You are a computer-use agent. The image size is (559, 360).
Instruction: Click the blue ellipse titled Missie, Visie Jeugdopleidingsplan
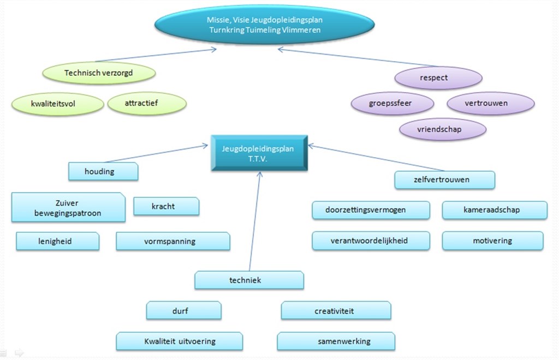tap(265, 25)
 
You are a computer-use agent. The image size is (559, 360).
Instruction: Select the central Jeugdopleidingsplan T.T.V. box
tap(260, 153)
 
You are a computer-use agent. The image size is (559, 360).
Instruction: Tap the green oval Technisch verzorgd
tap(98, 73)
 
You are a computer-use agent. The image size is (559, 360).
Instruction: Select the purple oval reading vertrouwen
tap(490, 103)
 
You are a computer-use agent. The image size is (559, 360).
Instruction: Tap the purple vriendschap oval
tap(442, 129)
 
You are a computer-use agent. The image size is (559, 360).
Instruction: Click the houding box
tap(103, 171)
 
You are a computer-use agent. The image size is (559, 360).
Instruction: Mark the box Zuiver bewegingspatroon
tap(68, 207)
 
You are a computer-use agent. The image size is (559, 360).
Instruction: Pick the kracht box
tap(166, 206)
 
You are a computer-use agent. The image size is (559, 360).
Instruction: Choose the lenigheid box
tap(57, 241)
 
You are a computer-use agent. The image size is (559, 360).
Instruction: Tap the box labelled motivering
tap(492, 241)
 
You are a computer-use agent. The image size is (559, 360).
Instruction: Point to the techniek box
tap(249, 280)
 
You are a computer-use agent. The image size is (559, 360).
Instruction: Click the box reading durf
tap(183, 310)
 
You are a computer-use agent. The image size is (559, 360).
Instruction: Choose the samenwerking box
tap(336, 341)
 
